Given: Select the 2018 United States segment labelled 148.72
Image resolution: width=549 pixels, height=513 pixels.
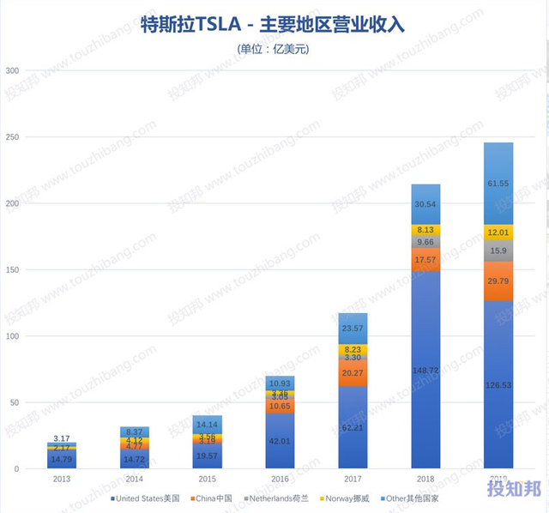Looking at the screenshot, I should click(426, 369).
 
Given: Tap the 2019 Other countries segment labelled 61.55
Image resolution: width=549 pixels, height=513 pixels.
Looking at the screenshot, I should click(498, 183).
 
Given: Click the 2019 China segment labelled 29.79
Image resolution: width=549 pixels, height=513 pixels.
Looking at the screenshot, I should click(498, 281).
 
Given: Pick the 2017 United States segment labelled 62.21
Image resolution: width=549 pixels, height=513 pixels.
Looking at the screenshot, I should click(353, 426).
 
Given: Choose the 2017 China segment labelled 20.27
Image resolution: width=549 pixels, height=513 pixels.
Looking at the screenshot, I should click(353, 373).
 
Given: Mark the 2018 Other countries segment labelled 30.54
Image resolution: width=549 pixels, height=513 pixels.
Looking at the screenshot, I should click(426, 204).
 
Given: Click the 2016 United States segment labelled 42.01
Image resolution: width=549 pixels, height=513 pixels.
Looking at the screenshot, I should click(281, 441).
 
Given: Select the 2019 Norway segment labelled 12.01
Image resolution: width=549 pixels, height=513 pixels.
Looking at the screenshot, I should click(498, 233).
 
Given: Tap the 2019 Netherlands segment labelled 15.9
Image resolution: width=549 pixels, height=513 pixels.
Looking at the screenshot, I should click(498, 251).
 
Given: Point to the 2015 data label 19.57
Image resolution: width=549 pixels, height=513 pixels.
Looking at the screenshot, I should click(208, 456).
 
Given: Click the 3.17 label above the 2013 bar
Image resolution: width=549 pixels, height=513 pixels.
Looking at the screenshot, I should click(61, 438).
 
